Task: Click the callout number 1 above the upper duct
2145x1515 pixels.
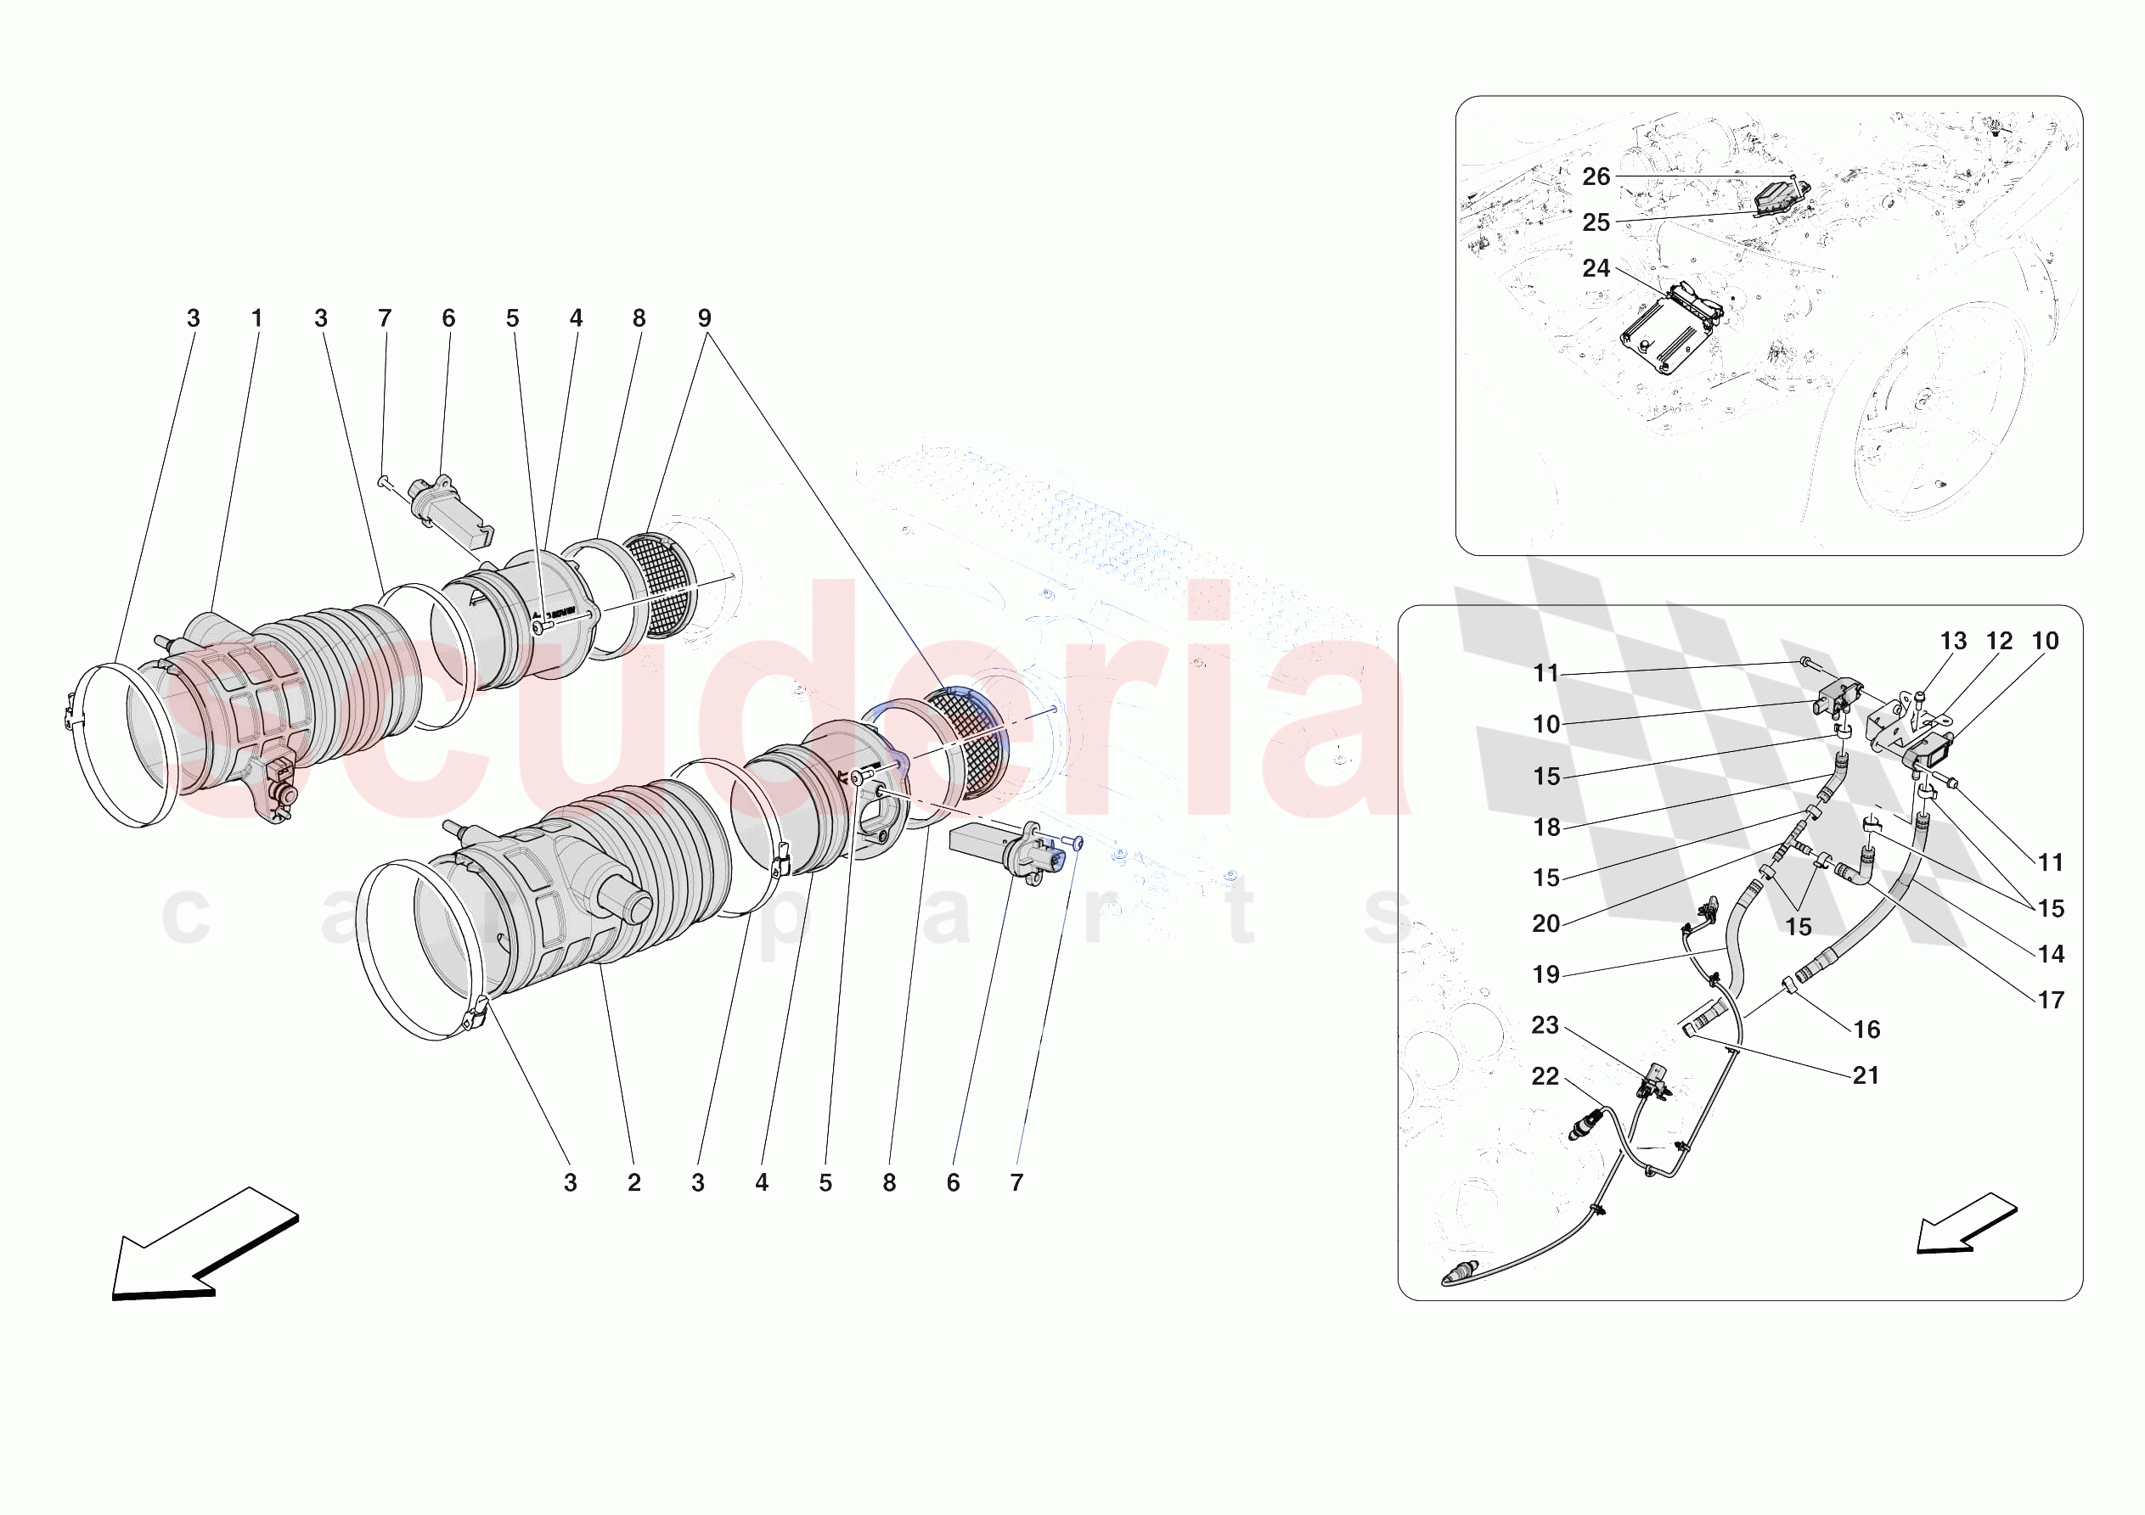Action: [257, 318]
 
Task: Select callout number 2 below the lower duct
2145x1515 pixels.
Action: [634, 1182]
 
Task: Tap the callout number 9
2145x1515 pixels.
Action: [705, 318]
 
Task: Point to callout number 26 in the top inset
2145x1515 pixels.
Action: [1596, 177]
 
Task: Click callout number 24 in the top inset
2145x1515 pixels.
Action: [1596, 268]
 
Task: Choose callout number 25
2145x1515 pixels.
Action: [1596, 222]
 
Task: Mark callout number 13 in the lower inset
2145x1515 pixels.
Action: [1952, 641]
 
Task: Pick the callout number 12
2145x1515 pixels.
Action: [1998, 641]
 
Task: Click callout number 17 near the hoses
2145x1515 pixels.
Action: [2051, 1000]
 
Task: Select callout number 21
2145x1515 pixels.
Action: [1866, 1075]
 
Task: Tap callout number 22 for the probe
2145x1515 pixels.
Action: [1545, 1076]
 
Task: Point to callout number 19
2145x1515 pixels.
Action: [1546, 974]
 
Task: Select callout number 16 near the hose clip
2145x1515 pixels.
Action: [1866, 1030]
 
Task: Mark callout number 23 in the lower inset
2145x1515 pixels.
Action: [1545, 1024]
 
